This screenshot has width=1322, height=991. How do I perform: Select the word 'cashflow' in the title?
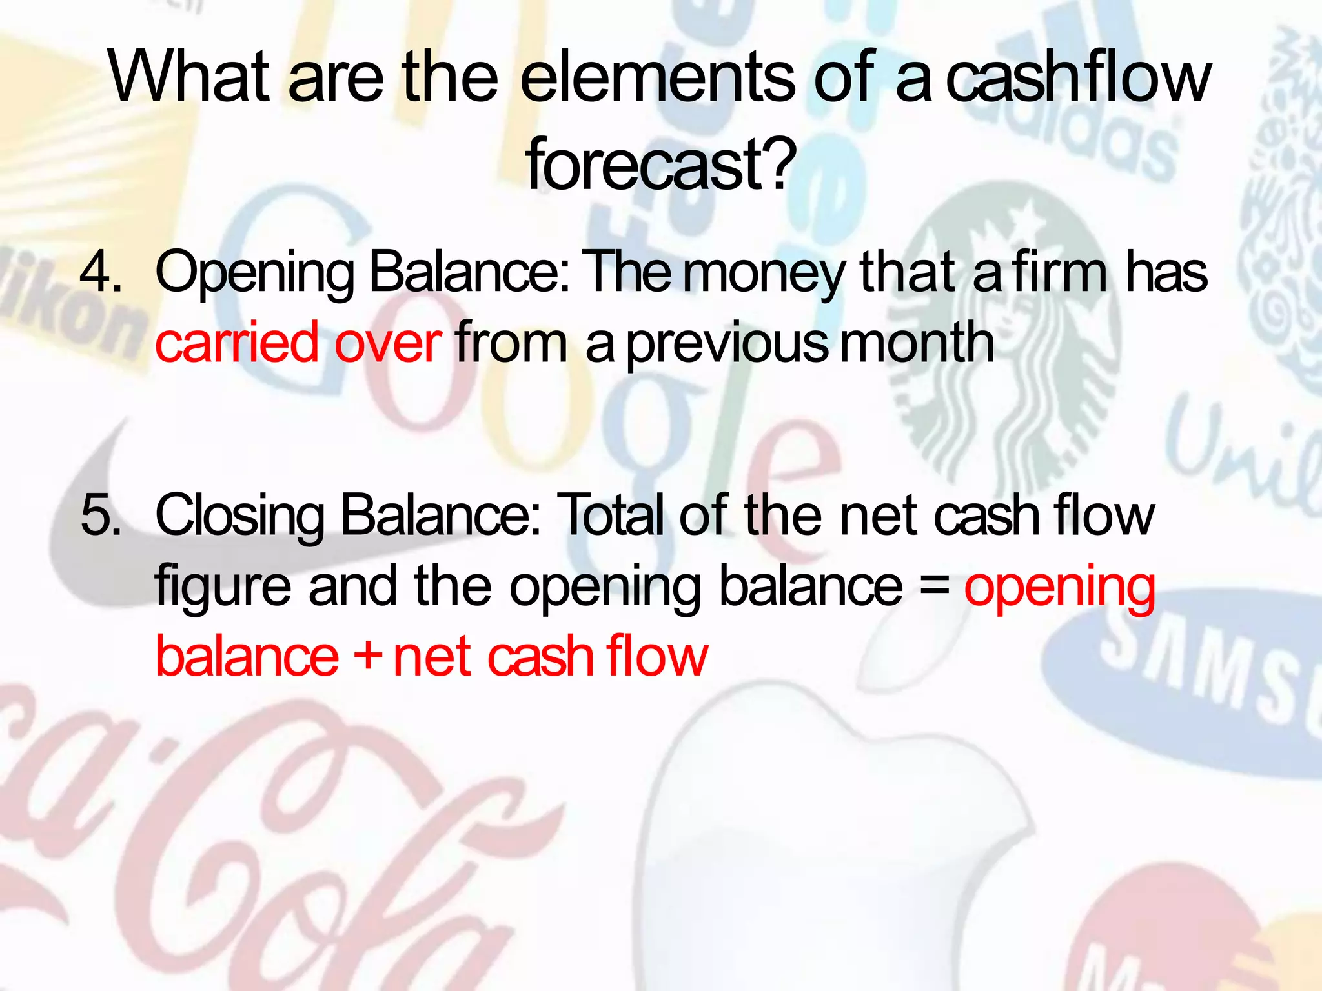coord(1077,77)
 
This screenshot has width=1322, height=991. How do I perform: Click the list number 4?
coord(100,272)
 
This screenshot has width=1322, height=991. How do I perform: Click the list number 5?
coord(100,515)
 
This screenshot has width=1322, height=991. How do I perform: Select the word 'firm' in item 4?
coord(1059,272)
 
